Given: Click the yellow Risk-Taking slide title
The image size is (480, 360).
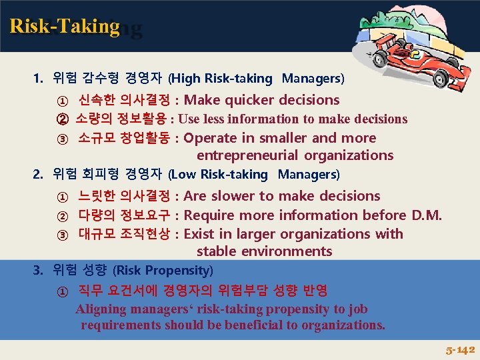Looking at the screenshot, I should coord(65,26).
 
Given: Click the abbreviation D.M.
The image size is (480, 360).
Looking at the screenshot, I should coord(427,215).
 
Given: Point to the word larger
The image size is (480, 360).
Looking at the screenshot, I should coord(254,234).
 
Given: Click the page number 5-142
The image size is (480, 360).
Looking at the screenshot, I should coord(460,349).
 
